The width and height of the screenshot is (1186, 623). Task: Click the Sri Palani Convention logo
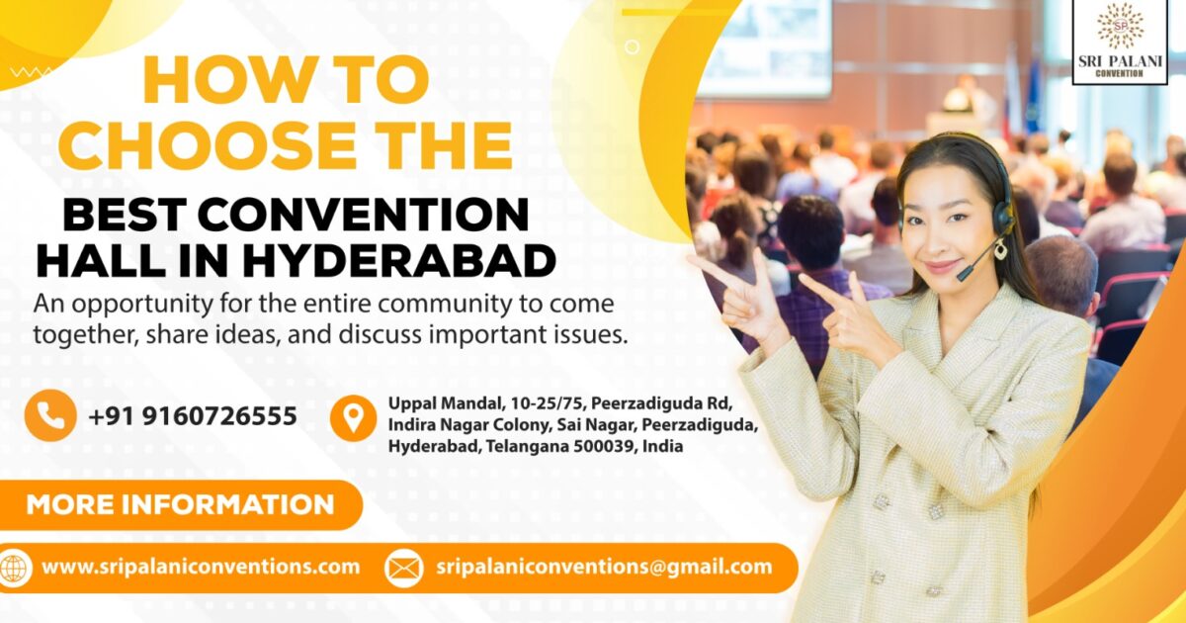(x=1120, y=42)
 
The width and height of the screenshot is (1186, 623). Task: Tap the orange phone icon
(x=49, y=415)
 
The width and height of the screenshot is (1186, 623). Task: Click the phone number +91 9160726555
(x=192, y=416)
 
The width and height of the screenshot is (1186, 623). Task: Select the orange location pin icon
(x=353, y=418)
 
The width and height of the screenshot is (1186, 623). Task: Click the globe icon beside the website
(x=14, y=568)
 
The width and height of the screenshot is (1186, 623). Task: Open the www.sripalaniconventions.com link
(x=200, y=568)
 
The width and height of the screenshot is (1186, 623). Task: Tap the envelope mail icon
(x=403, y=569)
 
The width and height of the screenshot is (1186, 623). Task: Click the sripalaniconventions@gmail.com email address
(x=603, y=568)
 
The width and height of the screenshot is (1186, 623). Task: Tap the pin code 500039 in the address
(x=602, y=447)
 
